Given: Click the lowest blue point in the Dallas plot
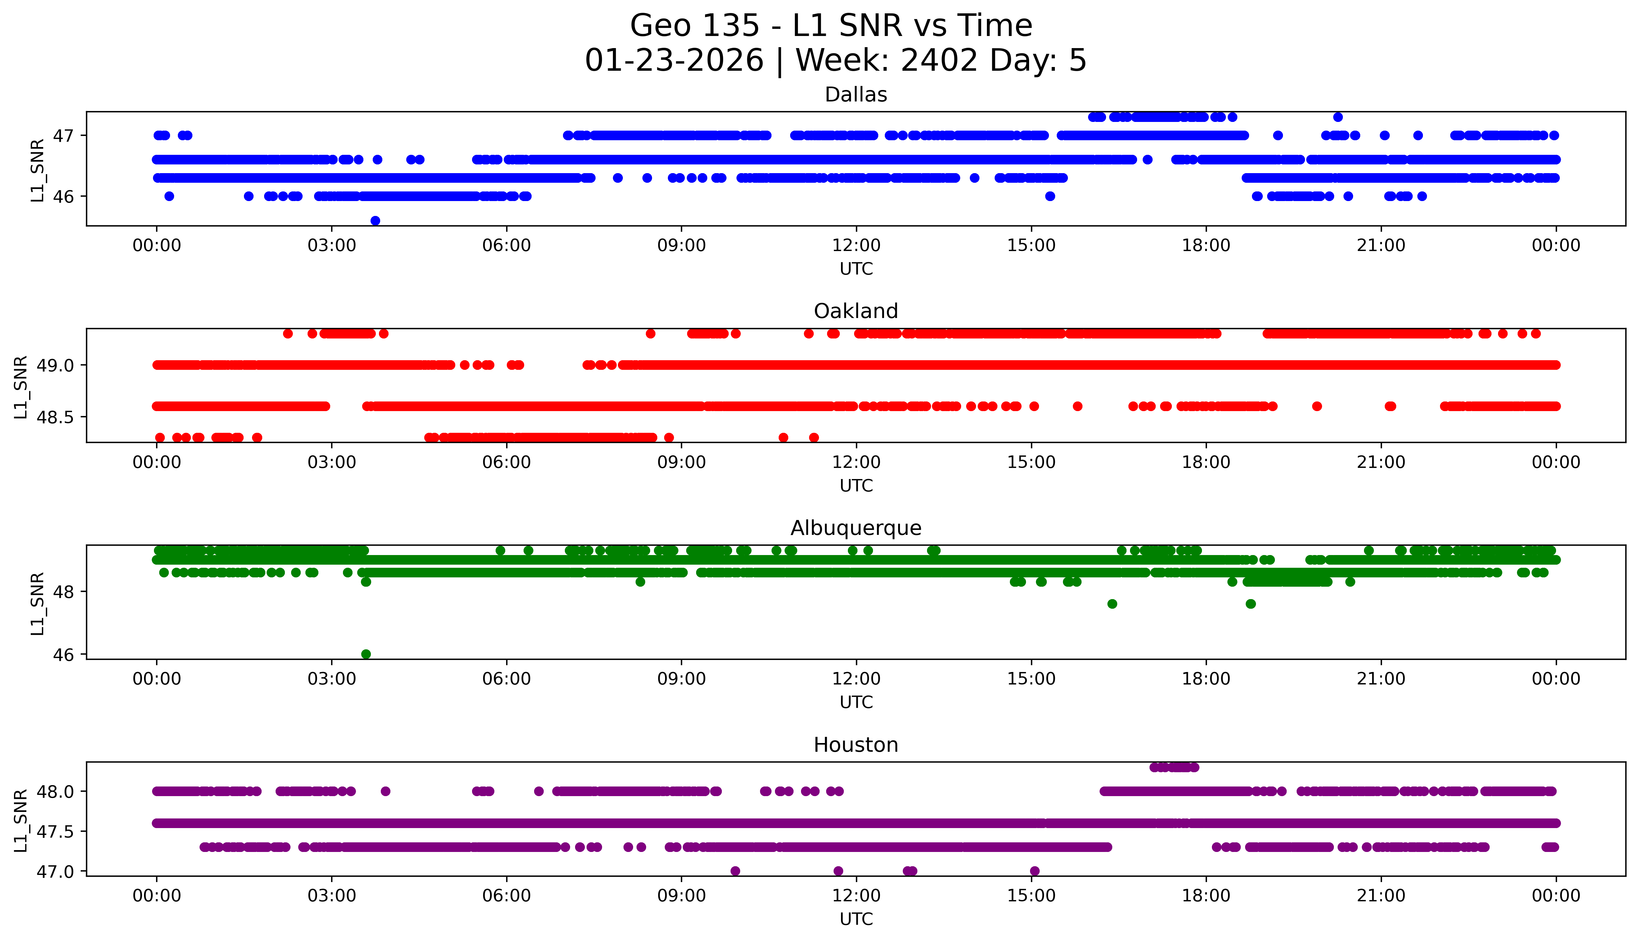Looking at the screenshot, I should coord(375,220).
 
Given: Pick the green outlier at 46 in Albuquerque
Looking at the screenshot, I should coord(366,654).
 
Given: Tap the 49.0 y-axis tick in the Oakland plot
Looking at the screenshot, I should coord(54,365).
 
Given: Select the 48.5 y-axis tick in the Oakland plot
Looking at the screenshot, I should coord(54,418).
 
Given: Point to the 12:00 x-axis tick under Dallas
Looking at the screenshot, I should coord(856,246).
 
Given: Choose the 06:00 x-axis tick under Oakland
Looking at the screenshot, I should coord(506,462).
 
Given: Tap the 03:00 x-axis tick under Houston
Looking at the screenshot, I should coord(332,896).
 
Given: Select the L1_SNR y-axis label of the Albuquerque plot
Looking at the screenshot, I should coord(38,603).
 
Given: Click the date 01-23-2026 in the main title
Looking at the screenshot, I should coord(674,61).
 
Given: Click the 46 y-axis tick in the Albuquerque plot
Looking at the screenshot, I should coord(63,655).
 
